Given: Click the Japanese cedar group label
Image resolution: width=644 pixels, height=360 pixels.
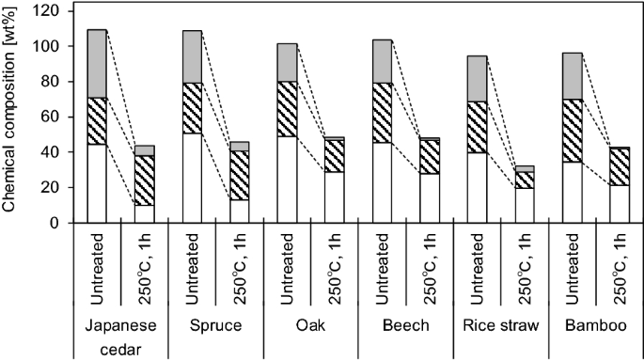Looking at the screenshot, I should pyautogui.click(x=119, y=337).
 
